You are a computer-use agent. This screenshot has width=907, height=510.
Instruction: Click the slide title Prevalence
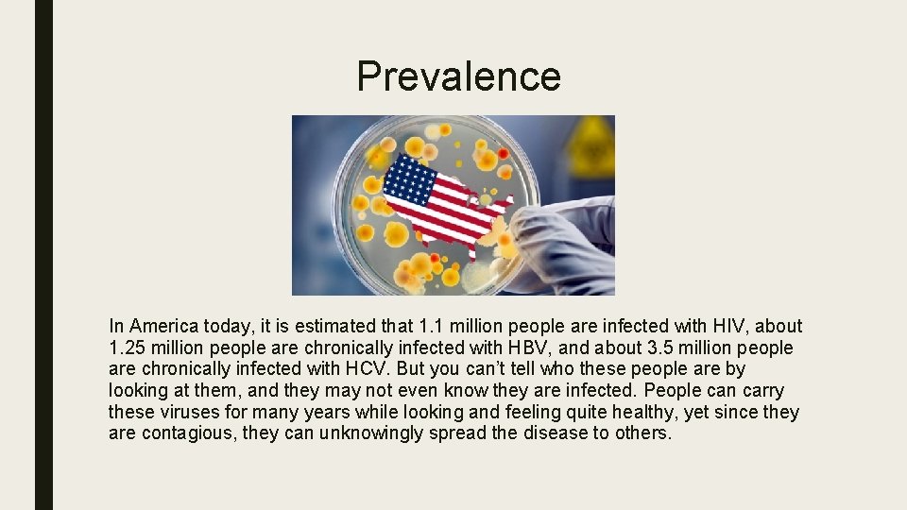click(458, 76)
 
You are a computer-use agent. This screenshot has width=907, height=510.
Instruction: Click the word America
click(164, 327)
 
